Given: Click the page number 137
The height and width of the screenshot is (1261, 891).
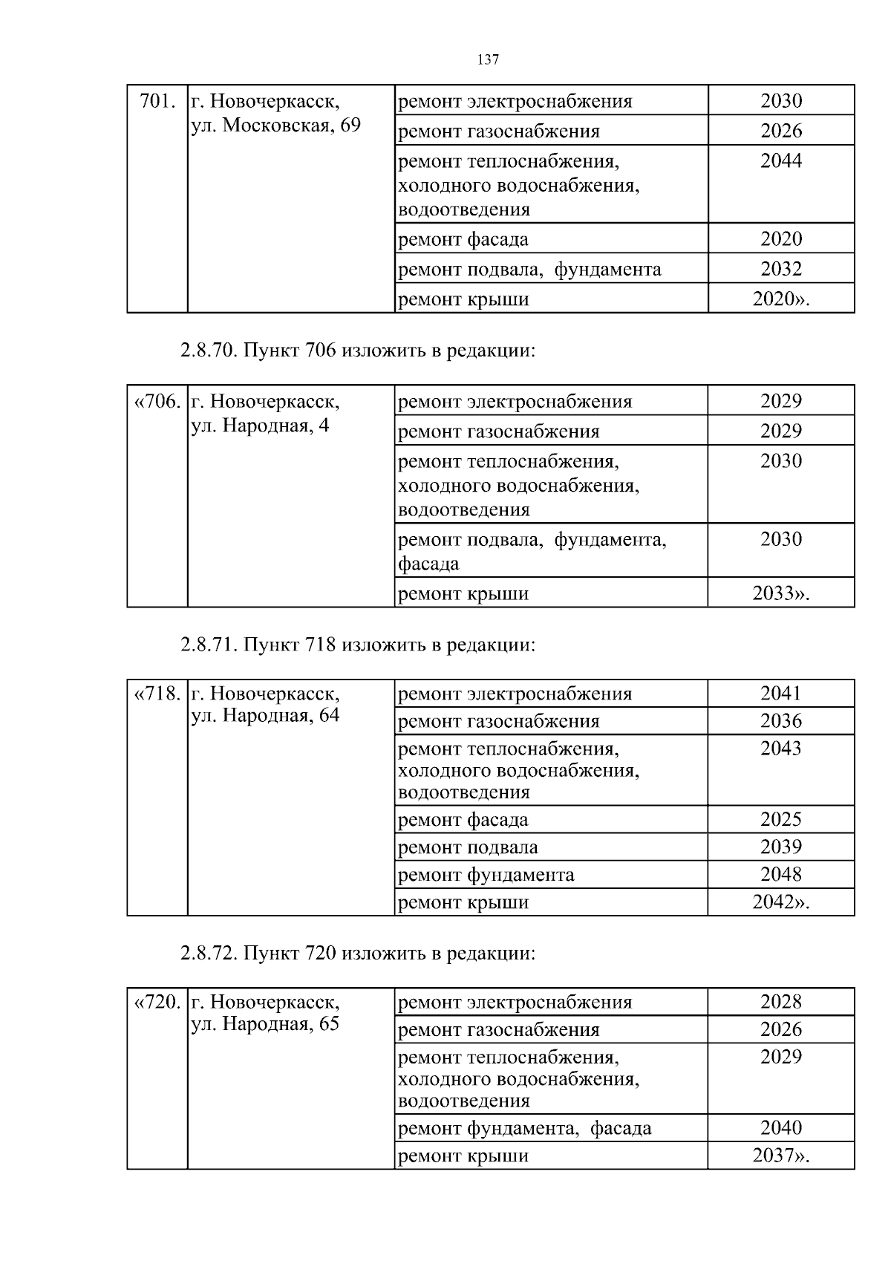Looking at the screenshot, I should tap(488, 60).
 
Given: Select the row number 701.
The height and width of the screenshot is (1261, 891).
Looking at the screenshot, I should tap(157, 101).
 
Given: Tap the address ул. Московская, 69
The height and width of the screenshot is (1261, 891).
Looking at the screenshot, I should tap(275, 126).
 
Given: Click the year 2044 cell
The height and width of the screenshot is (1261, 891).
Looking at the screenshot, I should tap(780, 161).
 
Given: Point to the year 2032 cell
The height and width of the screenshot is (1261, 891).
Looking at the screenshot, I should tap(780, 269).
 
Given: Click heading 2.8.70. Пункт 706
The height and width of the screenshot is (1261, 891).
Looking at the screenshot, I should tap(357, 351).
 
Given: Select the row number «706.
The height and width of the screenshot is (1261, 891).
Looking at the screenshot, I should tap(157, 402).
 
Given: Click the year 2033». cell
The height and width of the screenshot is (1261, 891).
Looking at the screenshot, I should tap(780, 593).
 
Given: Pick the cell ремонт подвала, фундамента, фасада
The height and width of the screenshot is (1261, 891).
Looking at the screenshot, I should tap(532, 551).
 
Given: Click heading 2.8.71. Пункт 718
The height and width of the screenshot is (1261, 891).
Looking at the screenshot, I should tap(357, 645).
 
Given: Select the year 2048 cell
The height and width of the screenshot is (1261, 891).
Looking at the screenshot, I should tap(780, 875).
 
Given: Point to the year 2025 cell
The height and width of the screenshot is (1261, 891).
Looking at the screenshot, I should tap(780, 820).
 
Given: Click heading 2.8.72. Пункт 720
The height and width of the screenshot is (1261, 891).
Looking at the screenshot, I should tap(357, 953).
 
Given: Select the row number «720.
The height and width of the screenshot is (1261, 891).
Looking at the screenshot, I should tap(157, 1003).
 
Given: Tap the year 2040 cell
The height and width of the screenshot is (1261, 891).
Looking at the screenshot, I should tap(780, 1128).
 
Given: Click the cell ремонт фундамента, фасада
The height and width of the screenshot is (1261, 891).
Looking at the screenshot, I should tap(524, 1129).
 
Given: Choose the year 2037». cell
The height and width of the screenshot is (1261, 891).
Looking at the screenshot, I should tap(780, 1156).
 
